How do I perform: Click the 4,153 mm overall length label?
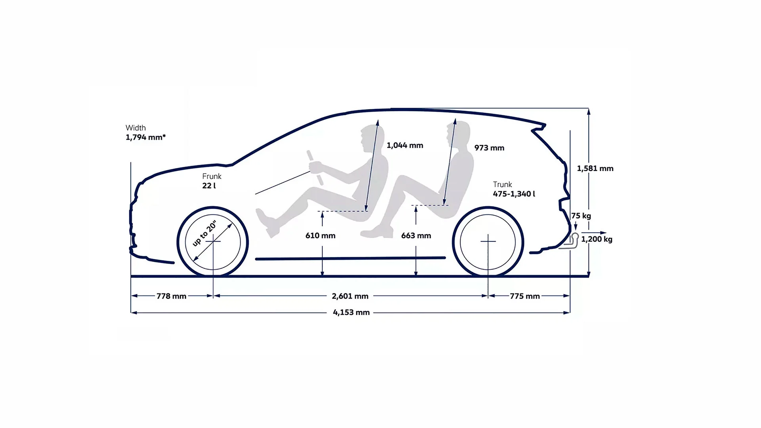coord(351,312)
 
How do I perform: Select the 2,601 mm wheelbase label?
coord(350,296)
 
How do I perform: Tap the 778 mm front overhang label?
coord(171,296)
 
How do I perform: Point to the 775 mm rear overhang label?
coord(525,296)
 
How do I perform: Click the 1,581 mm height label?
coord(595,168)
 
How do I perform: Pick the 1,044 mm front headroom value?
coord(405,145)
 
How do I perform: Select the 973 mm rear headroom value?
coord(489,148)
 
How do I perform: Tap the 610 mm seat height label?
coord(320,236)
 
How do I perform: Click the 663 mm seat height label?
coord(416,236)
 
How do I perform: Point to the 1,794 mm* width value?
coord(145,138)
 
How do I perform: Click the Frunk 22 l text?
coord(212,181)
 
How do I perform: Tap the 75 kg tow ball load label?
coord(581,216)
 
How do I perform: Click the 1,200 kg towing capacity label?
coord(597,239)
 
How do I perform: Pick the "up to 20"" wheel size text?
coord(205,233)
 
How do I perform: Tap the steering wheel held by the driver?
coord(316,167)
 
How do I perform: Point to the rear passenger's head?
coord(458,135)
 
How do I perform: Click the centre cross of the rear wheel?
coord(488,241)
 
